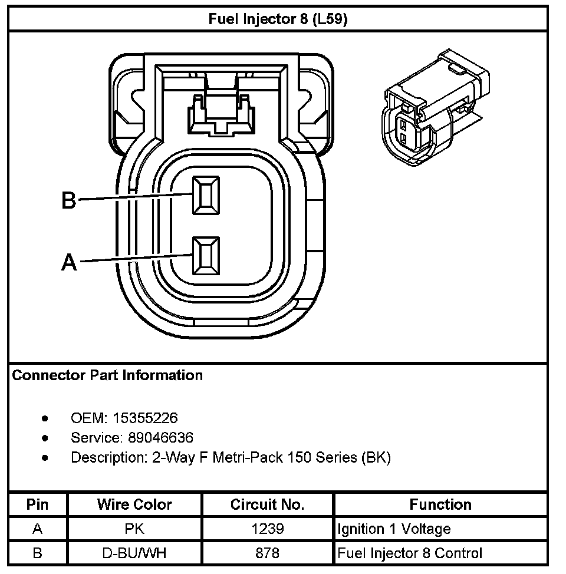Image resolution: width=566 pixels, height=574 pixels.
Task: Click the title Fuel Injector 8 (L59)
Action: tap(278, 19)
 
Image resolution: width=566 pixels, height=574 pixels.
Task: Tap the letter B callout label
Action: tap(70, 201)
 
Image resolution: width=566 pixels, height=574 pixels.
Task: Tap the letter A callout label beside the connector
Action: tap(70, 262)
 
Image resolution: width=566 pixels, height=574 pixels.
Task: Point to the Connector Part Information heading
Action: tap(107, 375)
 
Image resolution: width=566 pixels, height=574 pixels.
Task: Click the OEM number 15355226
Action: tap(145, 418)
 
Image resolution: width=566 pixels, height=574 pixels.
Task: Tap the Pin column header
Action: tap(38, 505)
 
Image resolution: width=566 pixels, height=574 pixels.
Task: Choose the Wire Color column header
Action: tap(134, 505)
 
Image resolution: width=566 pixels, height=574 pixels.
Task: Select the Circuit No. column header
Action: tap(267, 505)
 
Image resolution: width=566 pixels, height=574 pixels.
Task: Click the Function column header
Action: tap(440, 505)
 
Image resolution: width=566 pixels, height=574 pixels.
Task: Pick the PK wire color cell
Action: tap(134, 529)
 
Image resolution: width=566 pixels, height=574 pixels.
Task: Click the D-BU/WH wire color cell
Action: tap(134, 553)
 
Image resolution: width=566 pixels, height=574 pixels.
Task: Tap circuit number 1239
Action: tap(267, 529)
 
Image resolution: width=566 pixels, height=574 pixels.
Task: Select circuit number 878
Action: tap(267, 553)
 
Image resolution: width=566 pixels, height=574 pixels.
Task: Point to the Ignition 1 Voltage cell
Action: tap(394, 529)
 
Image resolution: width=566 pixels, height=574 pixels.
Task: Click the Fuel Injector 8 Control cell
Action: tap(410, 553)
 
